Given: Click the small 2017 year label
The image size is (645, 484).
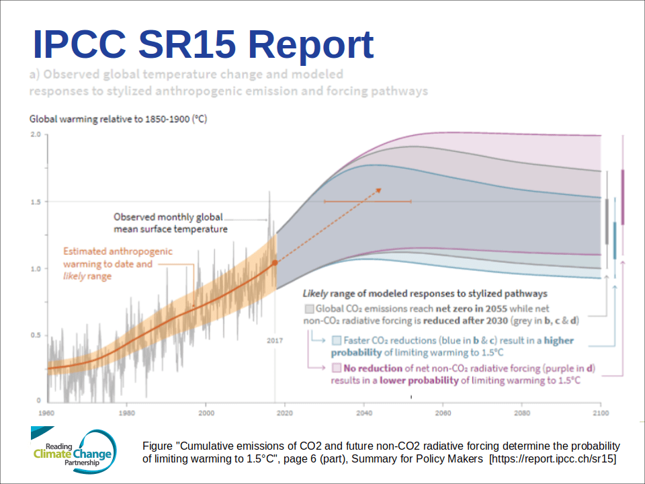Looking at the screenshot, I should [x=275, y=340].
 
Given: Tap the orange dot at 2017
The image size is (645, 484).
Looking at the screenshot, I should [x=274, y=263].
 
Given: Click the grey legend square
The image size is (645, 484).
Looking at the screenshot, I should [x=308, y=309].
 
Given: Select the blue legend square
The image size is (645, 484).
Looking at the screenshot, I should [x=336, y=340].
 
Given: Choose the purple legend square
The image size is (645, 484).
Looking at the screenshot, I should [x=336, y=368].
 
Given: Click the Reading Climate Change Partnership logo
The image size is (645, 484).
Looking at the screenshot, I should [x=73, y=450].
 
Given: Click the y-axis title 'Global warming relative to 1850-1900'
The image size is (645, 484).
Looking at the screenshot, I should [x=118, y=120].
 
